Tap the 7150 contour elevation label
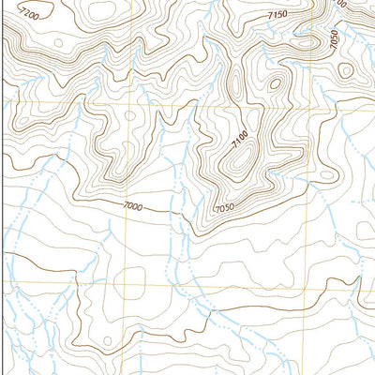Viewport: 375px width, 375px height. pos(277,16)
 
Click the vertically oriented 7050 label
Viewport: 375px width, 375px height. pos(332,39)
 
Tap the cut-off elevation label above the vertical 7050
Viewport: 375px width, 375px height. pos(338,4)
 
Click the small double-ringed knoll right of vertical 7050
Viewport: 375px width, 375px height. pos(345,70)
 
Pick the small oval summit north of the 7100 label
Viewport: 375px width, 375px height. pos(275,82)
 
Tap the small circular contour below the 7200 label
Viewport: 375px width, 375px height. pos(58,43)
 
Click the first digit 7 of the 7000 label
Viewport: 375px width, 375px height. pos(124,203)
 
